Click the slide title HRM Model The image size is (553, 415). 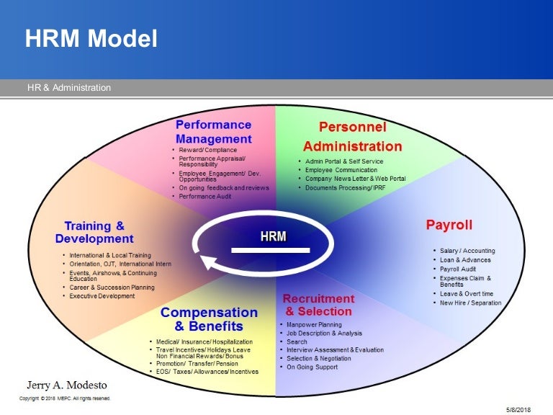91,39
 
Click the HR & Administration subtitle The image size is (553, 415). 69,88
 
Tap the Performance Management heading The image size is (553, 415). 214,132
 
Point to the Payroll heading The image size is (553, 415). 449,226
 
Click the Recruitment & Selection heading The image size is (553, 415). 318,305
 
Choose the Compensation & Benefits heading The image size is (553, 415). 209,319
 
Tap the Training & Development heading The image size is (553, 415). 94,232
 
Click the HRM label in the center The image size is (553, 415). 273,236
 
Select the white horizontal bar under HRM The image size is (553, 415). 270,251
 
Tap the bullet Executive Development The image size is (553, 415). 102,296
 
